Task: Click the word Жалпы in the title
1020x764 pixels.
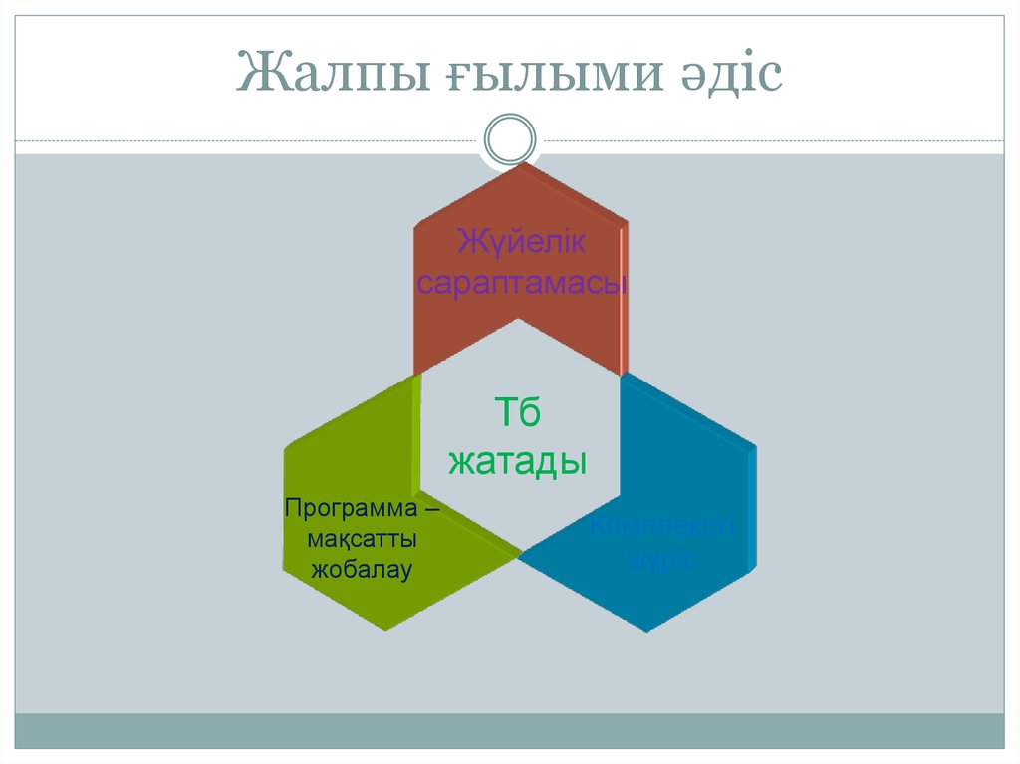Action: (x=328, y=75)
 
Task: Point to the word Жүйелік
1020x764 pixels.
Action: (x=522, y=242)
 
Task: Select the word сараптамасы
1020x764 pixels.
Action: (x=522, y=283)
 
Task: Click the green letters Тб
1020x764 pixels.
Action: (x=517, y=412)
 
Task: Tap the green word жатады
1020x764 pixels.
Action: (x=517, y=461)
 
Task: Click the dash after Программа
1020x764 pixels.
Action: (x=430, y=508)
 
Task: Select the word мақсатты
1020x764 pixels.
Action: (x=362, y=539)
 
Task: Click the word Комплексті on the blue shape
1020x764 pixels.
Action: (x=660, y=526)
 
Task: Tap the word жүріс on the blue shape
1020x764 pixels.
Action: (x=659, y=559)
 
